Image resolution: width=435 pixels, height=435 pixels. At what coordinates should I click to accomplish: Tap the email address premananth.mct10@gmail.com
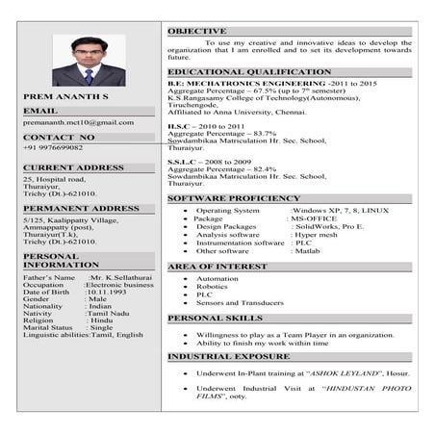[x=78, y=123]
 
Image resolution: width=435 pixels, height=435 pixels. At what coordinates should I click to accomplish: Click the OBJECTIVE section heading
[x=197, y=32]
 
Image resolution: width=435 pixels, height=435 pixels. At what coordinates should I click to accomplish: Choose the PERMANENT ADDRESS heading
[x=81, y=208]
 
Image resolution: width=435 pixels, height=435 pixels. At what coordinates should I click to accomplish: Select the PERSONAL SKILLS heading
[x=215, y=318]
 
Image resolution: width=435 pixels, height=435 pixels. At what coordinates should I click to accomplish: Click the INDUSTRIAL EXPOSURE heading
[x=229, y=356]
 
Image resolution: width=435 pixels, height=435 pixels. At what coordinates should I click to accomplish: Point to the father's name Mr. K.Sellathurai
[x=122, y=277]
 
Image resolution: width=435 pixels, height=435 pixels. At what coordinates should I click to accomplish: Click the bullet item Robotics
[x=212, y=287]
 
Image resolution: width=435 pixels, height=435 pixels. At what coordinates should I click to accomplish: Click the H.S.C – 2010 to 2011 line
[x=207, y=126]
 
